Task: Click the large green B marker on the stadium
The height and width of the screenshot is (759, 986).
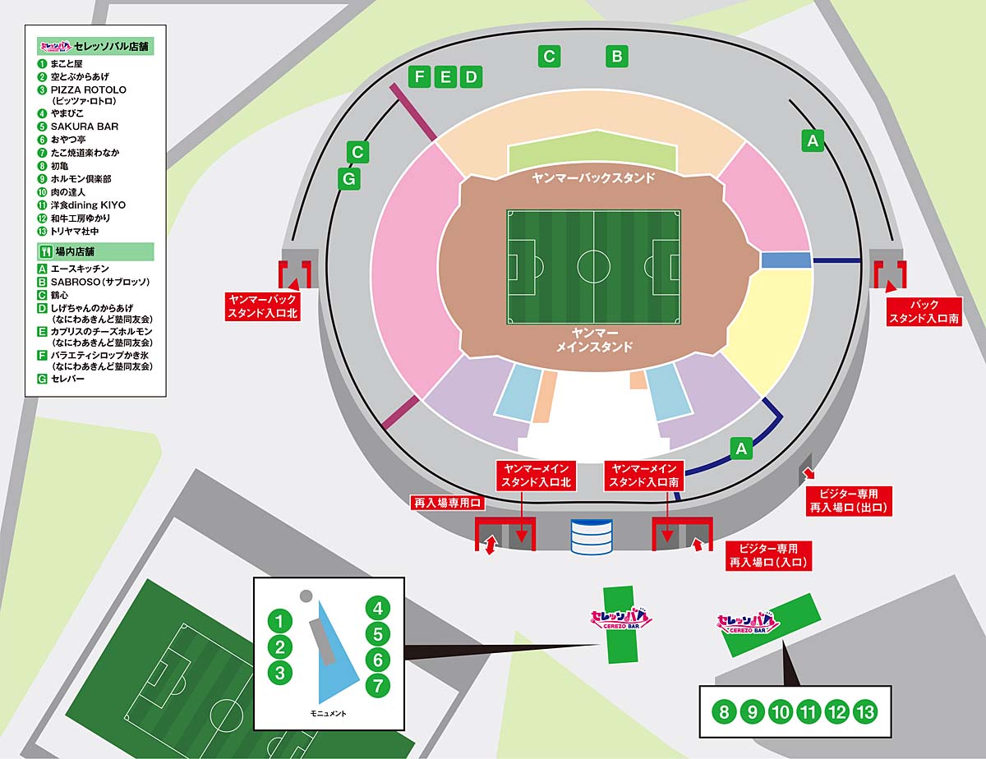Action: pyautogui.click(x=616, y=56)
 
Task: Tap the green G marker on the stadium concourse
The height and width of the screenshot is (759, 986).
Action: pyautogui.click(x=349, y=178)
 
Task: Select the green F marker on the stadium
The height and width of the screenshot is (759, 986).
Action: pyautogui.click(x=420, y=76)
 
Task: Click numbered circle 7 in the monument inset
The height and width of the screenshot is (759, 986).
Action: pyautogui.click(x=377, y=686)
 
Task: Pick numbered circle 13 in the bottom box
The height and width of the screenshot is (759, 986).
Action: pyautogui.click(x=865, y=712)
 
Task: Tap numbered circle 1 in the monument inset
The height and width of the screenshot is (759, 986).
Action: pyautogui.click(x=280, y=621)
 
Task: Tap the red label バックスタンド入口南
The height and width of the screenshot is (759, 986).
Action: pyautogui.click(x=924, y=311)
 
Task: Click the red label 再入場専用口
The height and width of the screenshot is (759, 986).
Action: pyautogui.click(x=448, y=503)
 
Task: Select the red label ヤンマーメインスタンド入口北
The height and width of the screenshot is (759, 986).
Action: pyautogui.click(x=536, y=475)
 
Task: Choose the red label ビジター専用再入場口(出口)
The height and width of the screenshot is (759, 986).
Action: pyautogui.click(x=849, y=500)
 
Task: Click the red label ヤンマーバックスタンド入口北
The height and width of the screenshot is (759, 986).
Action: pyautogui.click(x=262, y=306)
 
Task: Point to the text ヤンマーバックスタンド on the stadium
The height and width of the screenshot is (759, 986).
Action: pyautogui.click(x=593, y=178)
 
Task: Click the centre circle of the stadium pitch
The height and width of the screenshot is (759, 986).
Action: pyautogui.click(x=593, y=267)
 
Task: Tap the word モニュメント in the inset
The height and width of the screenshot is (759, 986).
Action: pyautogui.click(x=328, y=713)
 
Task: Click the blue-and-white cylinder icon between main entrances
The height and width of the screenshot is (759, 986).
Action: pyautogui.click(x=592, y=537)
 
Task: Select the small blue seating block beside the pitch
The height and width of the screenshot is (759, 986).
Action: pyautogui.click(x=786, y=260)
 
